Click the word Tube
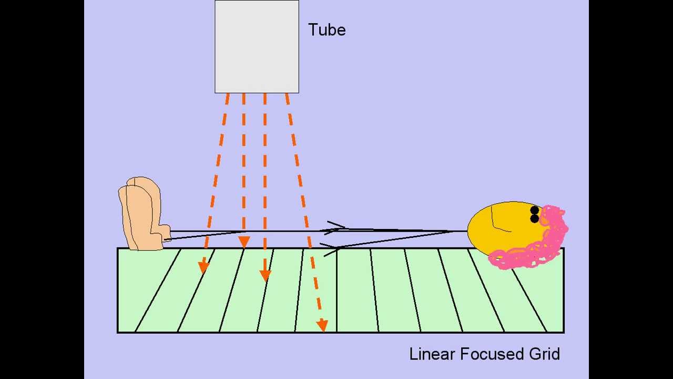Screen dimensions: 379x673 coord(327,30)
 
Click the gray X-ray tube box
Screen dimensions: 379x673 coord(257,46)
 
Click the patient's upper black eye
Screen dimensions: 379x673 coord(535,211)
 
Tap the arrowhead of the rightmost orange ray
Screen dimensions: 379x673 coord(322,326)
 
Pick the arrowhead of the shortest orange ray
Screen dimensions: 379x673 coord(244,242)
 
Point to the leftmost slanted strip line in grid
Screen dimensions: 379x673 coord(158,290)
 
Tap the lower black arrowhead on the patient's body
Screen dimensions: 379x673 coord(331,248)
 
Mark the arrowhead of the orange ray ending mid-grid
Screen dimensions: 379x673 coord(266,275)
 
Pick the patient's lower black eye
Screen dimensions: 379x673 coord(535,218)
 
